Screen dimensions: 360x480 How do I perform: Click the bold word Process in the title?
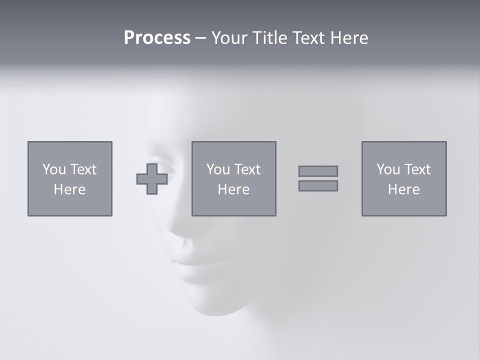[157, 38]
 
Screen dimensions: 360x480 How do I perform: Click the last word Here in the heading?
[349, 38]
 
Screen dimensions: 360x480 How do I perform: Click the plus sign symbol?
[152, 179]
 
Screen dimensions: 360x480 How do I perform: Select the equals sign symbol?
[318, 178]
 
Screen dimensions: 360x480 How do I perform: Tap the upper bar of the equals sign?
[318, 171]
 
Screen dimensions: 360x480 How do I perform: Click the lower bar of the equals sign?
[318, 186]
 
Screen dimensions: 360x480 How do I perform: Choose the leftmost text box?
[70, 178]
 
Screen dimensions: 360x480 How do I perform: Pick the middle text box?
[233, 178]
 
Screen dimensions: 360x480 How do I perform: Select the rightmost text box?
[403, 178]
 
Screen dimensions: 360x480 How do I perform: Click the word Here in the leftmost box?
[70, 189]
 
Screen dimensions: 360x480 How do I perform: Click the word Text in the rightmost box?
[418, 169]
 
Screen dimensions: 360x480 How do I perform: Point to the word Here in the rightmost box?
[403, 189]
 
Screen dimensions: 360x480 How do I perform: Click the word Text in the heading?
[307, 38]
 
